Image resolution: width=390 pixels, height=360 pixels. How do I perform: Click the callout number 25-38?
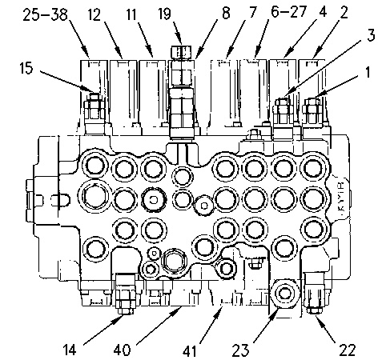coord(45,14)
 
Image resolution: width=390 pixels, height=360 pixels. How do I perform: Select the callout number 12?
coord(94,14)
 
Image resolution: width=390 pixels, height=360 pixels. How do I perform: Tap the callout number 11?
coord(131,14)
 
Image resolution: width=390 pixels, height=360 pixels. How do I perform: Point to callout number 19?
coord(164,14)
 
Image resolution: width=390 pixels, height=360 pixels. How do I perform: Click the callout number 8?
coord(226,13)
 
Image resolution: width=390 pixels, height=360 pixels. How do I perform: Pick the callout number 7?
coord(253,12)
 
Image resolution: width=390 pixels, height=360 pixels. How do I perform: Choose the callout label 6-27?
coord(288,12)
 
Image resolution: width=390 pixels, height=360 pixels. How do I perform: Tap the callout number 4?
coord(323,12)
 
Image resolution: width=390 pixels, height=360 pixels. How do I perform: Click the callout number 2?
coord(344,12)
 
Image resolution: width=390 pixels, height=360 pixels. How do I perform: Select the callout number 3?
coord(371,35)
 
